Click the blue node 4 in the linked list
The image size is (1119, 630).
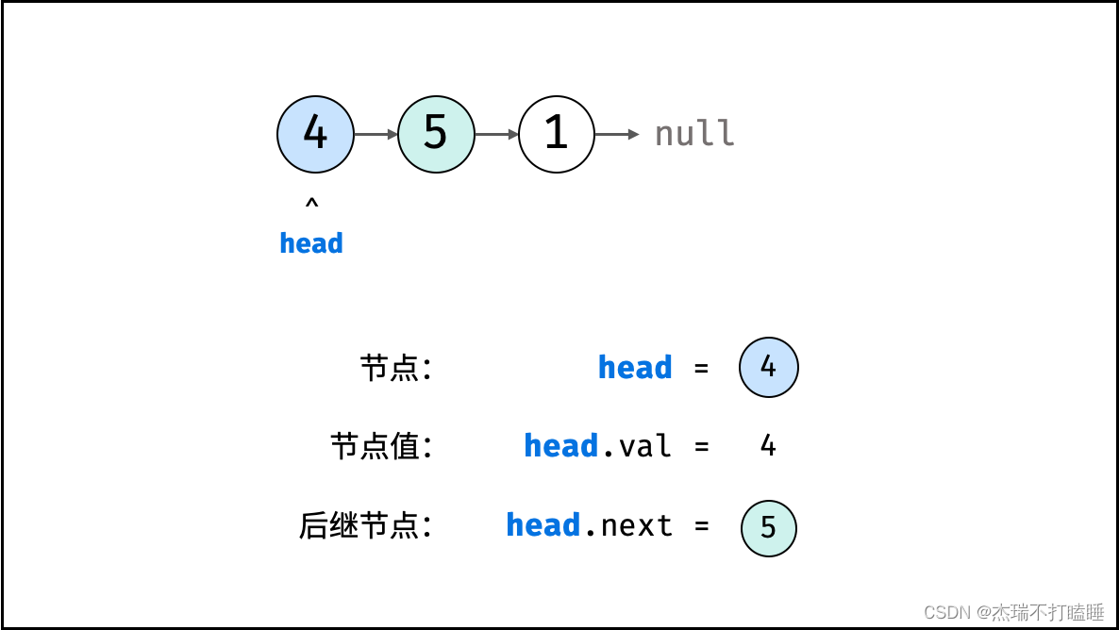coord(315,134)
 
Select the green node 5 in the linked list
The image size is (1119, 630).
coord(436,134)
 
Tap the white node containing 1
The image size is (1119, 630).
coord(557,134)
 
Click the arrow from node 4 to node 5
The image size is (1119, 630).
coord(376,134)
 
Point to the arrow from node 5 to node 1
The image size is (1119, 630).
coord(496,134)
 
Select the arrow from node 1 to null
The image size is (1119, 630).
coord(617,134)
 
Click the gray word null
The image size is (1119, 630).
coord(694,134)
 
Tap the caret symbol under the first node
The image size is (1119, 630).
coord(311,203)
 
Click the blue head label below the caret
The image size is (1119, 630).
coord(311,243)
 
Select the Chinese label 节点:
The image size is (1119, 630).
coord(395,368)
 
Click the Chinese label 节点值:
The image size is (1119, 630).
coord(381,446)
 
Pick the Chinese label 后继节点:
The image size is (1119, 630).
coord(365,525)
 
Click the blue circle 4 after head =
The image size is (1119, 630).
coord(768,368)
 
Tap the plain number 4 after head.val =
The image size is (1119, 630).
coord(768,446)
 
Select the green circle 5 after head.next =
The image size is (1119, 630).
coord(768,527)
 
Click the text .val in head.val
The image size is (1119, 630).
coord(637,446)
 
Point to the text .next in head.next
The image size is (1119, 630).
coord(628,525)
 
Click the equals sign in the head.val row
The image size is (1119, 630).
coord(701,446)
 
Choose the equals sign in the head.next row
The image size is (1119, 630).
coord(701,525)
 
